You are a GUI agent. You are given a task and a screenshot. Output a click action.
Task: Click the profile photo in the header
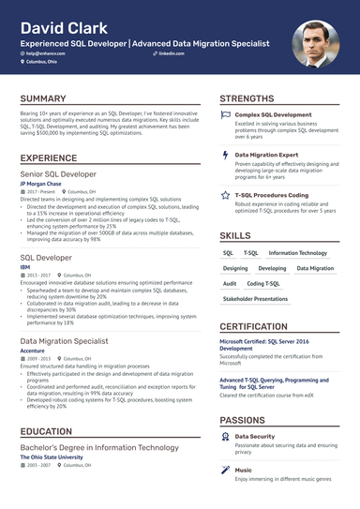tap(316, 45)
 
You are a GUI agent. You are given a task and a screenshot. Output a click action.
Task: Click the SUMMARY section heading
tap(43, 98)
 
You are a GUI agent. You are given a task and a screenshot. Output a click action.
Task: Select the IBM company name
tap(25, 267)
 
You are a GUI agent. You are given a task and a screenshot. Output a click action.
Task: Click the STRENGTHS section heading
tap(247, 98)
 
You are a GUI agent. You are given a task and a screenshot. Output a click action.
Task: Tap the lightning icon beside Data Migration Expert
tap(225, 154)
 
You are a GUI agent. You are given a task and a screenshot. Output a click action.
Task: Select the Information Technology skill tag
tap(297, 253)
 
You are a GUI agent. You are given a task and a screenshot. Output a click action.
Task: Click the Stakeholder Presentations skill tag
tap(255, 299)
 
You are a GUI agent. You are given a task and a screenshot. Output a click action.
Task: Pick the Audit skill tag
tap(230, 283)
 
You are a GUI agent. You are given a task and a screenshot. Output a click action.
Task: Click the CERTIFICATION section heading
tap(253, 326)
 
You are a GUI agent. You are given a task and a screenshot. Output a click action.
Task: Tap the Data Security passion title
tap(254, 436)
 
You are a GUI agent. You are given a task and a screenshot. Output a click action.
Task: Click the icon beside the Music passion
tap(225, 471)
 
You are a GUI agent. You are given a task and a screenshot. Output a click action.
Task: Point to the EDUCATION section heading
tap(46, 432)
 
